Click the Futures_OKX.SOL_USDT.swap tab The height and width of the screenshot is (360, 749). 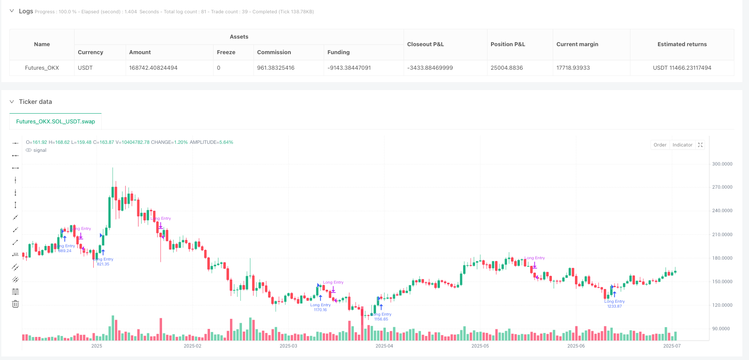pos(55,121)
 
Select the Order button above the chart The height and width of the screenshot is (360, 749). pos(660,145)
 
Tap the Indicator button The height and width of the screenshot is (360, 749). pos(682,145)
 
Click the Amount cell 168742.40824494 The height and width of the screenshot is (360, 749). pos(153,68)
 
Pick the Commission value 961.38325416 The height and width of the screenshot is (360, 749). pos(276,68)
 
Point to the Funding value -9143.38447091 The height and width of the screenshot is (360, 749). pos(349,68)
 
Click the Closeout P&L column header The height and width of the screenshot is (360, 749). pos(425,44)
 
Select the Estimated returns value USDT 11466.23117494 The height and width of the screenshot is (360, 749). pos(682,68)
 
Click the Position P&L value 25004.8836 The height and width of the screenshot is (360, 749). pos(507,68)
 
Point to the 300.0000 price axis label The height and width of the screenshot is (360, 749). pos(722,164)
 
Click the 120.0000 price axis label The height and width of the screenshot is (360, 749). pos(722,305)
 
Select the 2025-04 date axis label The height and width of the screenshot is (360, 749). pos(384,346)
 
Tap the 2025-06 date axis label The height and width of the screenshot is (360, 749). pos(576,346)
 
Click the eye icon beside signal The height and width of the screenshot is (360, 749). pos(29,150)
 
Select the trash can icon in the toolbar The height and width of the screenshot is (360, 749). pos(16,304)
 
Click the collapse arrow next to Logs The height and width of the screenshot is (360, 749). pos(12,11)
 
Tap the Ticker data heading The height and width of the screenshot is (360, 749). pos(36,102)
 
